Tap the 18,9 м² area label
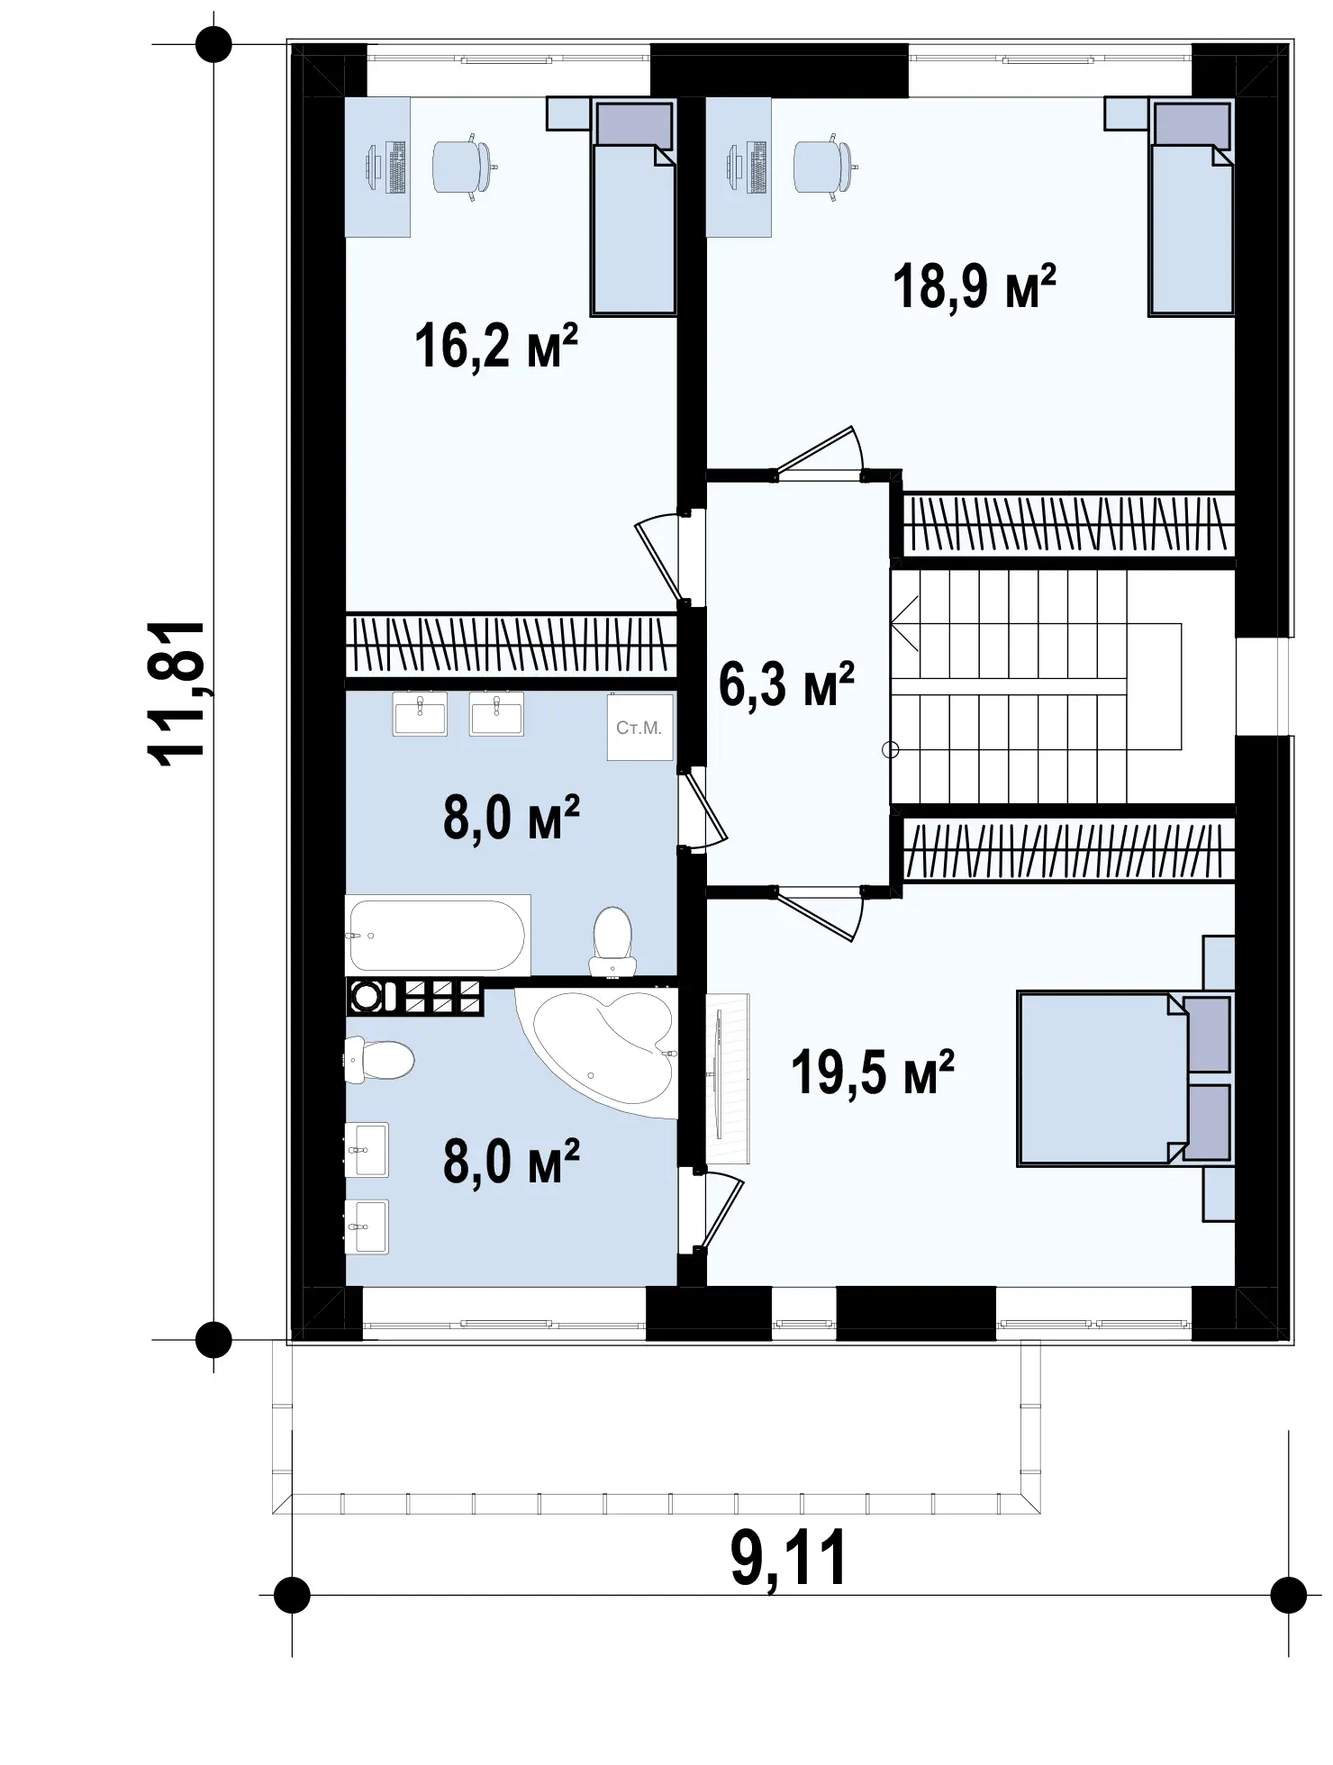[974, 286]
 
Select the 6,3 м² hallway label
[786, 684]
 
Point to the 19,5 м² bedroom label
[872, 1073]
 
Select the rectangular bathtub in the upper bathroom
[438, 934]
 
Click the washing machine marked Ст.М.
[639, 727]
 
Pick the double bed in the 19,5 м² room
[1124, 1079]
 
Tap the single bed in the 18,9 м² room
[1191, 207]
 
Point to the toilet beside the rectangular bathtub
[612, 941]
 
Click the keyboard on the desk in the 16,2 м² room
[396, 167]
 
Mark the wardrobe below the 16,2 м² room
[512, 645]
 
